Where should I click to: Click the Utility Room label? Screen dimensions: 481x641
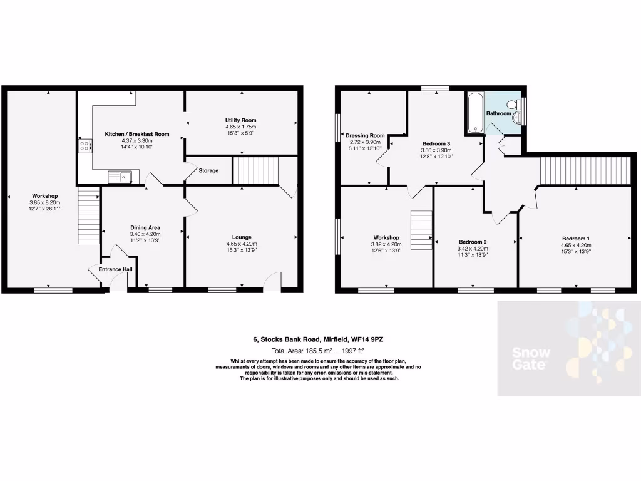coord(241,120)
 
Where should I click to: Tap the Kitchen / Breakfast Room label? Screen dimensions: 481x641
coord(136,134)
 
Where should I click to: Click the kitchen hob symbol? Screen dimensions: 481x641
coord(84,146)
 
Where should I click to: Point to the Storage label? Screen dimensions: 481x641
coord(208,170)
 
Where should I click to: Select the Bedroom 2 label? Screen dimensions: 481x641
coord(473,242)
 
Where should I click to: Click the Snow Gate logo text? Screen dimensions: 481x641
coord(531,358)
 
